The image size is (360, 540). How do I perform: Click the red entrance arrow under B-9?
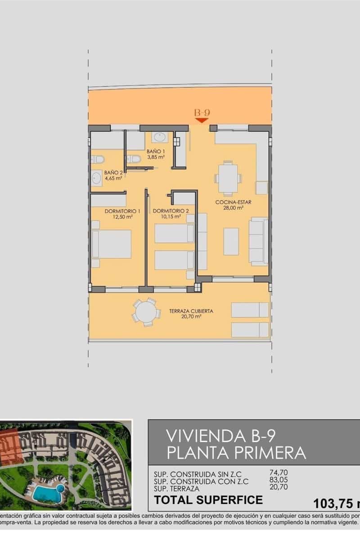coord(201,120)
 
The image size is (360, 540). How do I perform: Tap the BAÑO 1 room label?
coord(155,152)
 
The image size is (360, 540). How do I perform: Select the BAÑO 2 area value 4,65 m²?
coord(113,178)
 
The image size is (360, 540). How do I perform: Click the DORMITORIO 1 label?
coord(122,211)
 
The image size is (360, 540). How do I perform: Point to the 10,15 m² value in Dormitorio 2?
coord(171,216)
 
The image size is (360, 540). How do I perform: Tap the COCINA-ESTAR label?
coord(233,202)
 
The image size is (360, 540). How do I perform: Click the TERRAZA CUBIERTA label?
coord(191,310)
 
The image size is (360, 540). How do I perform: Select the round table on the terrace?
coord(146,311)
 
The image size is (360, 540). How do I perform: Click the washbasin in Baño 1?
coord(159,137)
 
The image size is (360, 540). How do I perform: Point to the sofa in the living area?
coord(258,241)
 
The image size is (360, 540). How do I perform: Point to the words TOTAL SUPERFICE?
coord(208,499)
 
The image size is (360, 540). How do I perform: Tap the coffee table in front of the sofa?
coord(231,242)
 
